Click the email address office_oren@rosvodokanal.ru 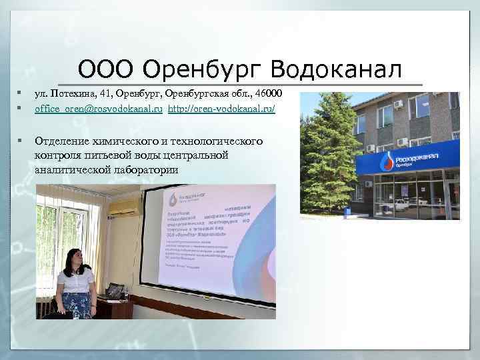[99, 108]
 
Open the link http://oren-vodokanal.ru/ [221, 108]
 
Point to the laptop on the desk [115, 291]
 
